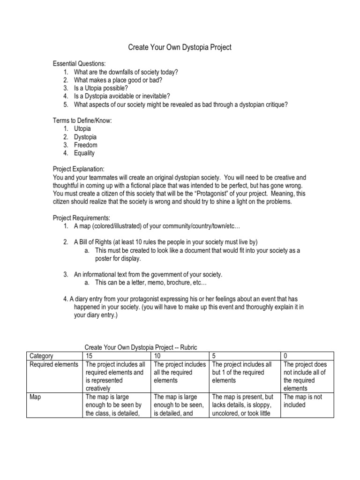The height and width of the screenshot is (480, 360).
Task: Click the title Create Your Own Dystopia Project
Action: [x=180, y=47]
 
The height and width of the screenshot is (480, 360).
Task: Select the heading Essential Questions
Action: [x=79, y=64]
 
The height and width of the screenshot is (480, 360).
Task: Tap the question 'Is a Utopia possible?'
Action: [x=101, y=88]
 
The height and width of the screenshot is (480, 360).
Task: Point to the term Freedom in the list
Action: [x=86, y=145]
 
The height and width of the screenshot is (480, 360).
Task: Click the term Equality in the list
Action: [x=84, y=153]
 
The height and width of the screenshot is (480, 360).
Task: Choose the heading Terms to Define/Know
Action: [x=82, y=120]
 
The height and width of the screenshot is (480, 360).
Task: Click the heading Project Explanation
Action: [x=78, y=169]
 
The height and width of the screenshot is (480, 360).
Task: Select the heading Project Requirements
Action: [x=82, y=218]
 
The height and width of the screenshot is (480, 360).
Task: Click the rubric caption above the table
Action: [x=141, y=347]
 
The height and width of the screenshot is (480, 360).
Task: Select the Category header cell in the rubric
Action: [x=41, y=356]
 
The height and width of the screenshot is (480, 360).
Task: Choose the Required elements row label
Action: [x=54, y=364]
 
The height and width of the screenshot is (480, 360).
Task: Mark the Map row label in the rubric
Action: [x=36, y=397]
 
